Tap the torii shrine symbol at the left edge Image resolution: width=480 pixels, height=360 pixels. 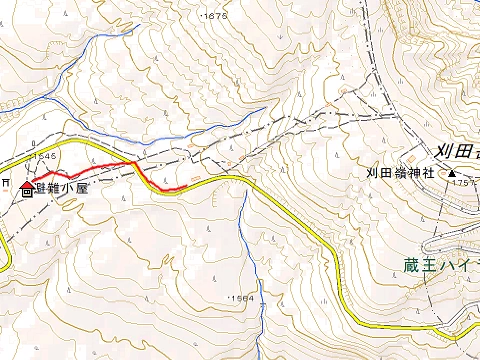click(x=6, y=184)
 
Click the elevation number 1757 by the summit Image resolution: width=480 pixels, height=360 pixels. click(x=463, y=183)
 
